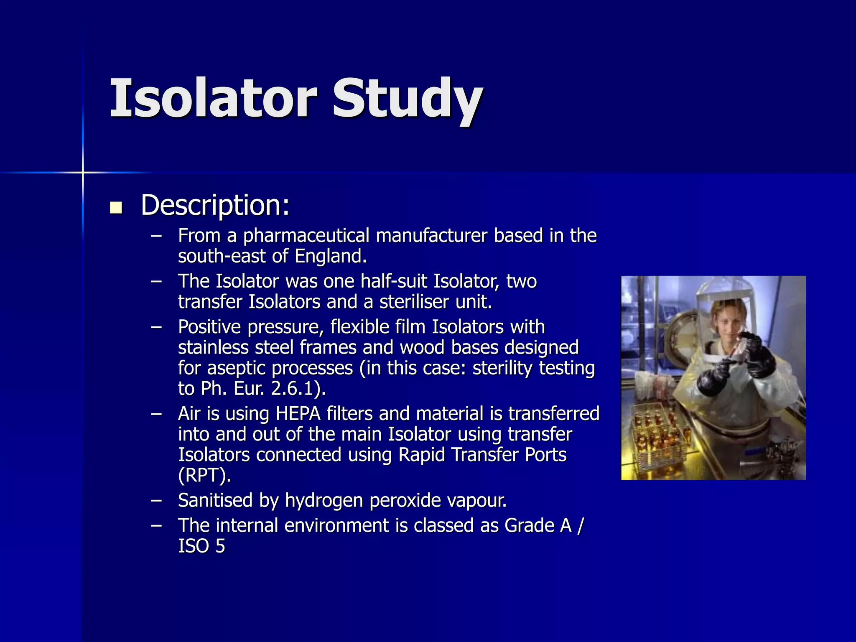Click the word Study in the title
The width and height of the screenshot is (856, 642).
(x=408, y=100)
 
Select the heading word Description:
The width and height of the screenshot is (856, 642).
(x=215, y=206)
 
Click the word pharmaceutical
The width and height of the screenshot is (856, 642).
(x=306, y=236)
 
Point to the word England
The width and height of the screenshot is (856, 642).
(x=331, y=256)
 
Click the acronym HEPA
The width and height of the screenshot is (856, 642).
(x=298, y=414)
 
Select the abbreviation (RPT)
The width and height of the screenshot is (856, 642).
(x=204, y=476)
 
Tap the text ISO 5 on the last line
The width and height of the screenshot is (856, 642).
(x=201, y=546)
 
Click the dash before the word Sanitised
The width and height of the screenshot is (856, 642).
(x=156, y=500)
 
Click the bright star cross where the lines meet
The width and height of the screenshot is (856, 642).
(x=83, y=172)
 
